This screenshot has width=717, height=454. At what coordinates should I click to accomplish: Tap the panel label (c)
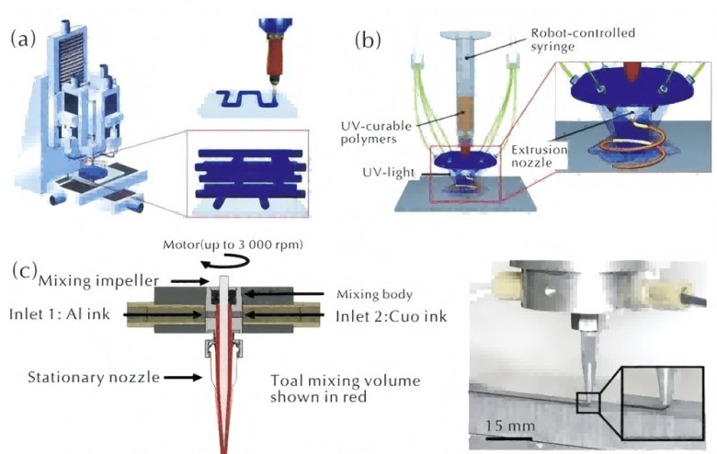pos(26,271)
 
